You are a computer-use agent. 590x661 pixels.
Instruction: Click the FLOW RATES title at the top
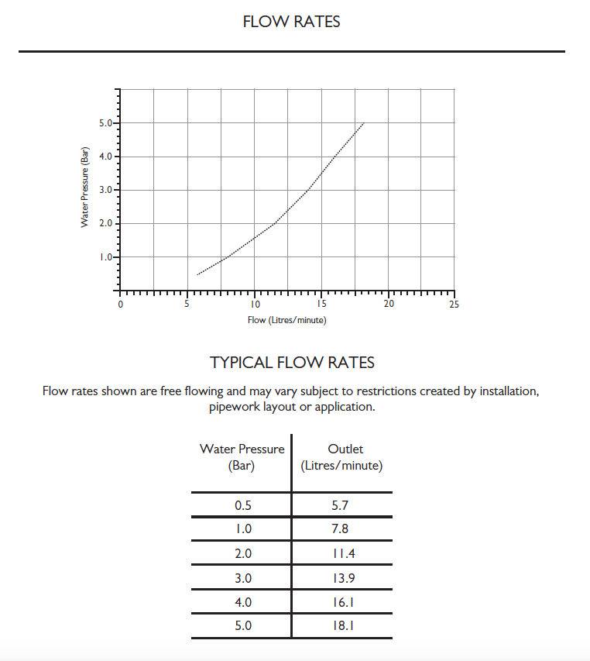click(291, 22)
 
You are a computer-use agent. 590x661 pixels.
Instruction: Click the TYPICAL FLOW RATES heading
click(292, 363)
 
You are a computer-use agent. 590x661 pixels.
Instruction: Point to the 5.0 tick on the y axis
click(107, 123)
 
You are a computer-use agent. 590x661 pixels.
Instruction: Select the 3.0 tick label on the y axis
click(107, 190)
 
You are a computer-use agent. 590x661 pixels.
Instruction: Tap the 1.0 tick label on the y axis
click(107, 257)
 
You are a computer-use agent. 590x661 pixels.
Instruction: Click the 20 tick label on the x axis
click(389, 305)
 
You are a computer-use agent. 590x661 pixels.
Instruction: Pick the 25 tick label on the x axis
click(454, 305)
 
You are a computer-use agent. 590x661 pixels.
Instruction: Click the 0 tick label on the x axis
click(120, 305)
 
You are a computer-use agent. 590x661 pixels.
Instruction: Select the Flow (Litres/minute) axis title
click(286, 320)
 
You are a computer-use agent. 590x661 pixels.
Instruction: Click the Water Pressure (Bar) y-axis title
click(84, 187)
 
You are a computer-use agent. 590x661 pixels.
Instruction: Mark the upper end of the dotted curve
click(363, 123)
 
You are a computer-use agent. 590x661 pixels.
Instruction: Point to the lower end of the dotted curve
click(197, 274)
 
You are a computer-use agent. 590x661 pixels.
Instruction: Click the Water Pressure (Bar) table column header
click(242, 457)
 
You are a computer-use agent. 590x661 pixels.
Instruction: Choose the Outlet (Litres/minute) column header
click(341, 457)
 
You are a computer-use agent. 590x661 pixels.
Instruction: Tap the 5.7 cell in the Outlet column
click(340, 505)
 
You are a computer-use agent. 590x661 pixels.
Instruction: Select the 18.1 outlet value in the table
click(341, 626)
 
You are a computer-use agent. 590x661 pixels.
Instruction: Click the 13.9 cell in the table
click(341, 578)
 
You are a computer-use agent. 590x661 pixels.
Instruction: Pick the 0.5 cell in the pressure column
click(242, 505)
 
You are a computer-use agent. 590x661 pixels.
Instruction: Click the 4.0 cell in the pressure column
click(242, 602)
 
